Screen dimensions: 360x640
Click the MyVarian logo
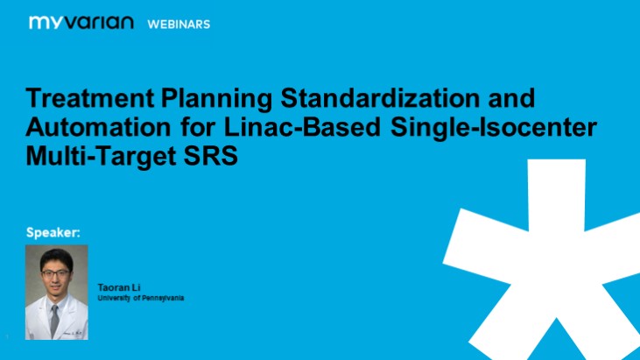tap(81, 23)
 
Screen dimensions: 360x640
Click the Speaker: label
tap(53, 233)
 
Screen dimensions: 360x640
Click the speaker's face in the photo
tap(55, 279)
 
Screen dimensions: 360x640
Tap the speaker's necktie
tap(55, 320)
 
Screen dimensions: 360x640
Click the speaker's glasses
tap(55, 272)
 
